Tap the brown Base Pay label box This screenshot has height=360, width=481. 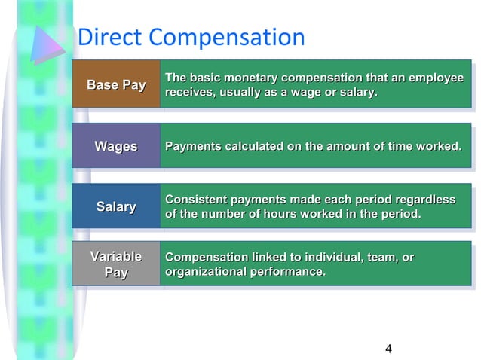pos(116,85)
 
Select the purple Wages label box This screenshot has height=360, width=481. pos(116,146)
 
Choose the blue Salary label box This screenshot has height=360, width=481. pos(116,206)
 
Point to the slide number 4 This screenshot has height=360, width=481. pos(388,348)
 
